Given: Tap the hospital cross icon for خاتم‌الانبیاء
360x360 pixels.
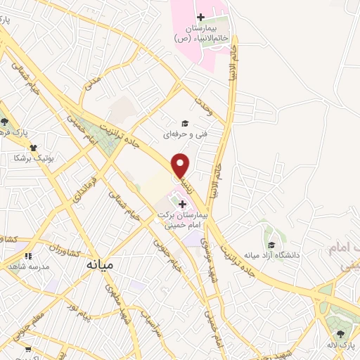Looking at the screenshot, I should pos(200,16).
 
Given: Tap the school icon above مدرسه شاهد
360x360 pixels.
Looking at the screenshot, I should pos(28,257).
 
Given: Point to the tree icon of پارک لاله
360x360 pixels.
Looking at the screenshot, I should pos(341,334).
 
